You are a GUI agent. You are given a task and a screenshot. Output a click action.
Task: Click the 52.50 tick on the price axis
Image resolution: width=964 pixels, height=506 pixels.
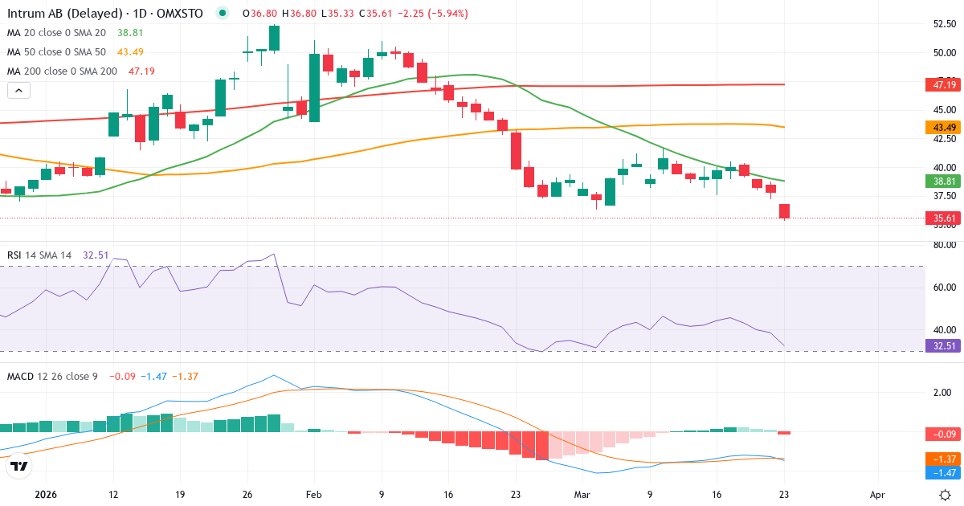click(940, 24)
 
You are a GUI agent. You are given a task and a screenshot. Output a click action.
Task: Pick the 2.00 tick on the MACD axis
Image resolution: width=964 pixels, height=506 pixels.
click(942, 393)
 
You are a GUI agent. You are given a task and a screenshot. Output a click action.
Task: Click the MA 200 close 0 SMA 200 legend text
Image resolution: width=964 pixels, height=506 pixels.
click(62, 71)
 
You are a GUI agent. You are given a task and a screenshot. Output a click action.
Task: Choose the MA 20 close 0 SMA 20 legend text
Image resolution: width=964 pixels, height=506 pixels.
click(56, 33)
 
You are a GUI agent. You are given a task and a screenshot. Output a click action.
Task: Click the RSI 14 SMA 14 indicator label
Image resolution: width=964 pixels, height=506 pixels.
click(39, 255)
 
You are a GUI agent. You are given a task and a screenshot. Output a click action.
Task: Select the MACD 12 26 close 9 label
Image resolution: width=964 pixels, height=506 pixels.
click(52, 376)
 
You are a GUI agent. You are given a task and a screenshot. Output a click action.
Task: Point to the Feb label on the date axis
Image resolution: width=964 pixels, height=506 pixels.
click(314, 495)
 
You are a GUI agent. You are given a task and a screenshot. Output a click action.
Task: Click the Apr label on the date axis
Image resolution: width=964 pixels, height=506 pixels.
click(877, 495)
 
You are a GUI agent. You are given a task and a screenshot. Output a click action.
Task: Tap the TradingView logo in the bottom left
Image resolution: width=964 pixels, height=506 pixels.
click(19, 466)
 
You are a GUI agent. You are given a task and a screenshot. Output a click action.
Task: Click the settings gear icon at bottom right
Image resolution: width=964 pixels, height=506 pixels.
click(946, 495)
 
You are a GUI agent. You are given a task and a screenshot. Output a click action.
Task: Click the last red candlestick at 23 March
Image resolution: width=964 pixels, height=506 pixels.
click(785, 211)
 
